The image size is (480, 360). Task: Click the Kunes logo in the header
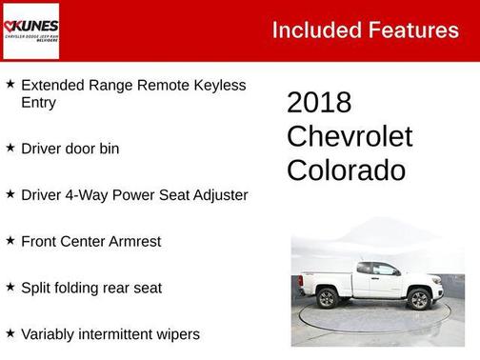[x=32, y=30]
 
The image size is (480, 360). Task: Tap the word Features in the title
[x=413, y=30]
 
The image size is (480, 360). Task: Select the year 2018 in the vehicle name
[x=319, y=103]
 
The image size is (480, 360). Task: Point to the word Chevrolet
[x=350, y=136]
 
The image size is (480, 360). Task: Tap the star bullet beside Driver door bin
[x=10, y=148]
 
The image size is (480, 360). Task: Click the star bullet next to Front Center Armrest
[x=10, y=240]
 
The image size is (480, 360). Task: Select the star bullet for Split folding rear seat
[x=10, y=286]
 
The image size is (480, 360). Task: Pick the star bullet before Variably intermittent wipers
[x=10, y=332]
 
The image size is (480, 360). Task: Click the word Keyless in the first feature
[x=218, y=85]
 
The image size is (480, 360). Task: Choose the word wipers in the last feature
[x=176, y=333]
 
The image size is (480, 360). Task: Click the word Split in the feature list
[x=36, y=288]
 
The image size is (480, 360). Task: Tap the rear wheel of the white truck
[x=328, y=298]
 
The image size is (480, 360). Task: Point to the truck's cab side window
[x=385, y=270]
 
